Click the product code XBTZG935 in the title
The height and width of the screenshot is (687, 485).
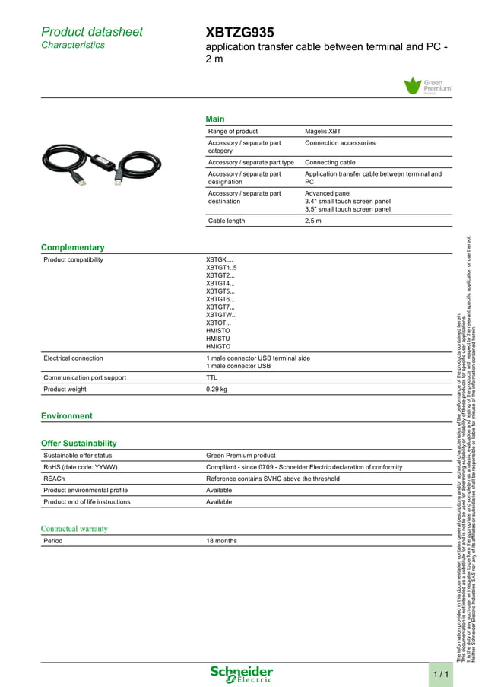point(239,32)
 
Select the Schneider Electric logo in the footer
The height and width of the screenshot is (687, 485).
point(242,673)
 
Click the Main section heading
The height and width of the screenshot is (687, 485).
point(215,119)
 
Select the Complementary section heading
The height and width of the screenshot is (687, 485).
point(72,247)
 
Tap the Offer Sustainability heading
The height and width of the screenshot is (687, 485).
point(78,443)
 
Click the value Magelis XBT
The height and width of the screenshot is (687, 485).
point(322,131)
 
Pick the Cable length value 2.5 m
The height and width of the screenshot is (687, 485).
point(313,221)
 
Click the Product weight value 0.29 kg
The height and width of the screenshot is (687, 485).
point(217,389)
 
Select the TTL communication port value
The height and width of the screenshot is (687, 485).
point(212,377)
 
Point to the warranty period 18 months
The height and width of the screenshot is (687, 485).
point(221,541)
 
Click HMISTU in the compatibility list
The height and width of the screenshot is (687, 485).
point(218,338)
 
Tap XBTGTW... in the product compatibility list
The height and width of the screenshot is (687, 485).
point(221,314)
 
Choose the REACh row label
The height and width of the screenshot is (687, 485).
point(54,479)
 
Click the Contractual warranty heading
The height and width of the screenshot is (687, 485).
point(74,529)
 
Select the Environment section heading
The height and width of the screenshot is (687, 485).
point(66,415)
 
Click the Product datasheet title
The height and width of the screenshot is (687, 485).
point(91,32)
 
